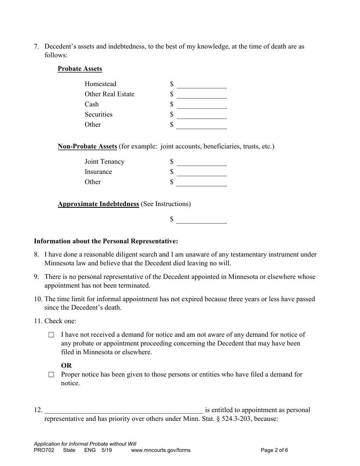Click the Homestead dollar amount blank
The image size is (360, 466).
pos(202,84)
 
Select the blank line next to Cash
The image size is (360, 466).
pos(202,105)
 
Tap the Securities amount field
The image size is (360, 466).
pos(202,115)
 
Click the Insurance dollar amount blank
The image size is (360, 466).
pos(202,172)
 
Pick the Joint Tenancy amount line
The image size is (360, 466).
pos(202,162)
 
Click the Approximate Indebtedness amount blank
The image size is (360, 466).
pos(202,220)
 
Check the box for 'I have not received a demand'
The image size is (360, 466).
pos(52,335)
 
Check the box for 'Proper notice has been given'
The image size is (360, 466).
pos(52,375)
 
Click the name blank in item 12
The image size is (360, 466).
pos(124,410)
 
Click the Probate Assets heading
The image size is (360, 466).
pos(80,69)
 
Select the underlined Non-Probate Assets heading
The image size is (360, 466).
pos(87,147)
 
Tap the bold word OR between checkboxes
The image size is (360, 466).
pos(66,366)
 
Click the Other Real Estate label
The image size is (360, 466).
pos(109,94)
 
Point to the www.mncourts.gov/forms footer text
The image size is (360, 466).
pos(161,450)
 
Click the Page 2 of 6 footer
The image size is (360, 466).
pos(274,450)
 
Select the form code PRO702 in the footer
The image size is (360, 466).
pos(44,450)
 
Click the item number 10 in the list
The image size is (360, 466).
pos(38,299)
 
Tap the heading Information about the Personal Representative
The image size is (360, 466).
pos(106,241)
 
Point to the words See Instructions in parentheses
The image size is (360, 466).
pos(166,204)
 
